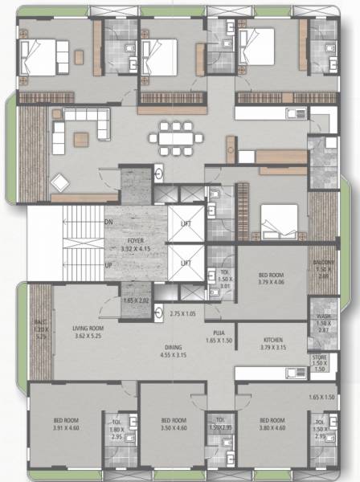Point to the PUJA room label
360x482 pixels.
(x=219, y=332)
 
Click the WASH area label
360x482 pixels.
(x=323, y=317)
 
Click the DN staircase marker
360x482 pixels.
(x=108, y=222)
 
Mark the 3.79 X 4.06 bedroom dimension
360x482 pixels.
(x=272, y=282)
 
